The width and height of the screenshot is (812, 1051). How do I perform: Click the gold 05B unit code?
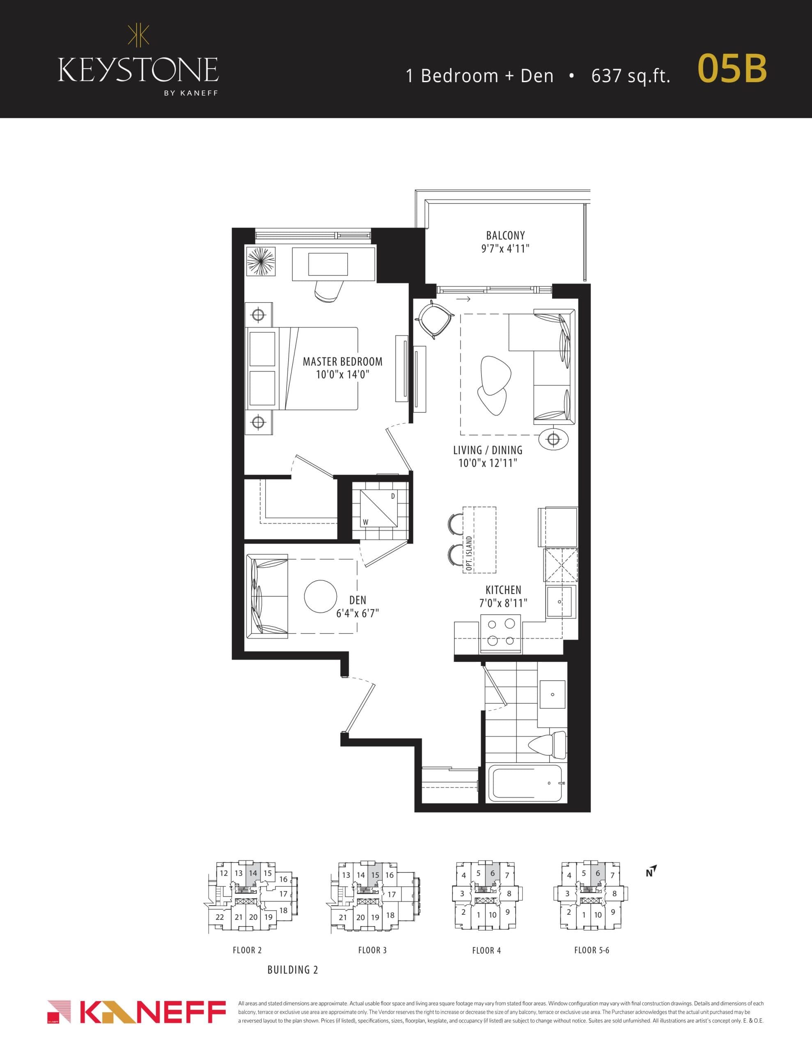click(x=732, y=69)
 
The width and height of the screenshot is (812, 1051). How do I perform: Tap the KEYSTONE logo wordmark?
click(x=138, y=70)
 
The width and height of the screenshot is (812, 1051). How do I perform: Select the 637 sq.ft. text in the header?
click(x=631, y=76)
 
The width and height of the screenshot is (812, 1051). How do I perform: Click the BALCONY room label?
click(x=505, y=235)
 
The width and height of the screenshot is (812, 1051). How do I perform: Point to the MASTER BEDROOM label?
click(x=342, y=361)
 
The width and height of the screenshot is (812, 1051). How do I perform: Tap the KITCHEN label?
click(x=503, y=590)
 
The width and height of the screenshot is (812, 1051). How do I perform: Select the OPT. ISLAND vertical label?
click(x=469, y=553)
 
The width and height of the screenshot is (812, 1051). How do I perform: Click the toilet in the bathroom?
click(x=549, y=744)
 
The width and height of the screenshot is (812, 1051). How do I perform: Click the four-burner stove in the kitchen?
click(x=500, y=632)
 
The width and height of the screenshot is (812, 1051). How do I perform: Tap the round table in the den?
click(x=320, y=596)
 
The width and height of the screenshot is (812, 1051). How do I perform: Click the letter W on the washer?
click(x=365, y=522)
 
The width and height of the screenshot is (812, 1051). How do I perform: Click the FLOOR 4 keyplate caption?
click(x=486, y=950)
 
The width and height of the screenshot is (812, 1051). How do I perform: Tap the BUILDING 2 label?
click(x=293, y=970)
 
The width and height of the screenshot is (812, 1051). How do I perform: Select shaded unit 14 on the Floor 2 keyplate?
click(x=253, y=873)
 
